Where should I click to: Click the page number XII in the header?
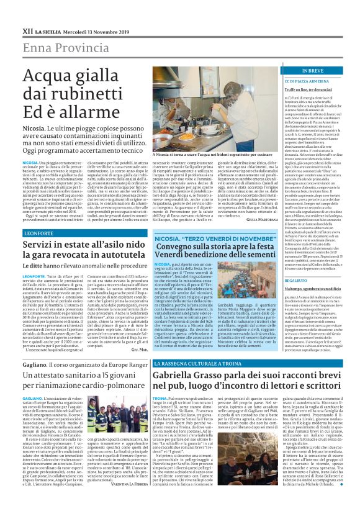(x=27, y=30)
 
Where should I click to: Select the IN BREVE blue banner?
(x=295, y=71)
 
